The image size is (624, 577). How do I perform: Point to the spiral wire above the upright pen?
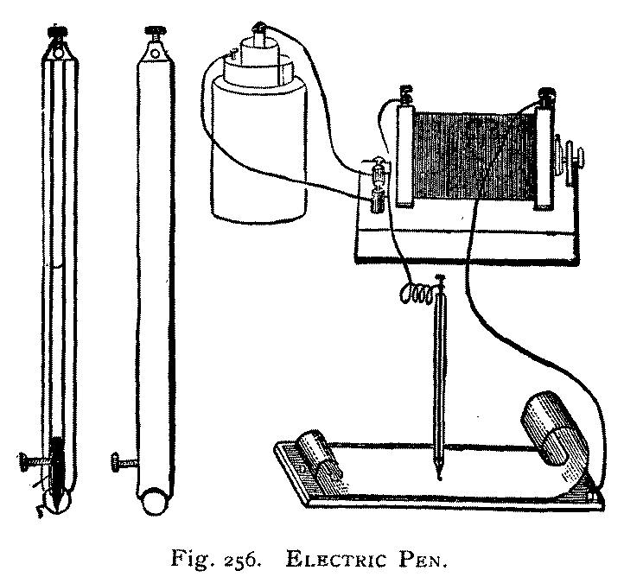click(x=417, y=295)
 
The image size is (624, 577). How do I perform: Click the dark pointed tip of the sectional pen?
click(x=56, y=497)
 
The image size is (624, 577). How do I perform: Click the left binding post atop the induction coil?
click(x=405, y=92)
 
